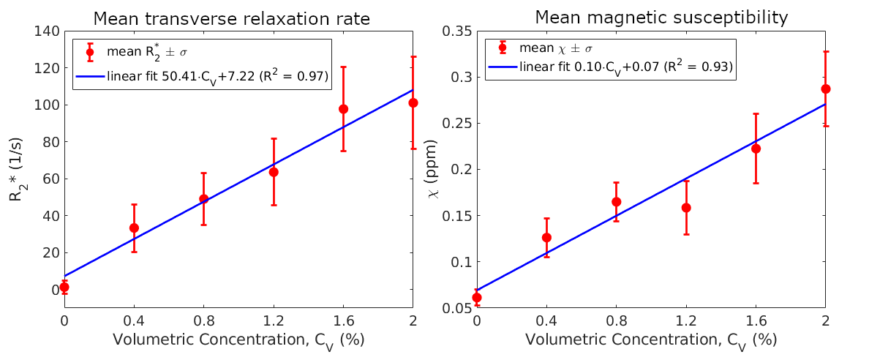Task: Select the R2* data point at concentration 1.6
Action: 343,109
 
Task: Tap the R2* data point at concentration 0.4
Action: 134,228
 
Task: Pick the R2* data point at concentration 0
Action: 64,287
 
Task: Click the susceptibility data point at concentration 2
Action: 826,89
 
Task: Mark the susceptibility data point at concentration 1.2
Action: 686,208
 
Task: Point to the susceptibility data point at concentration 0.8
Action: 616,202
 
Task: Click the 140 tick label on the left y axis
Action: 45,31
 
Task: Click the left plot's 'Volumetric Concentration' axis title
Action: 238,340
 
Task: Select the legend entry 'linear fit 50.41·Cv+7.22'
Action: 217,75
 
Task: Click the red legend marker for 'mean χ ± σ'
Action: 502,48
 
